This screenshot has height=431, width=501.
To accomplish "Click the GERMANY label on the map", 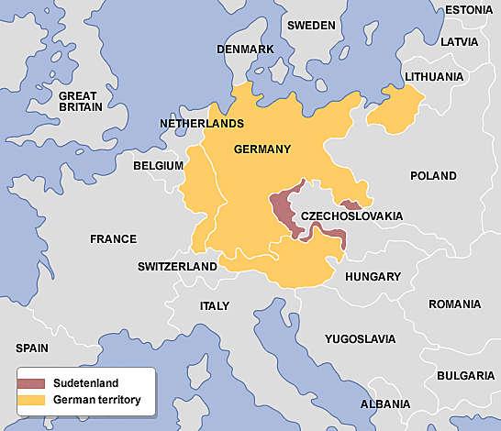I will click(262, 149).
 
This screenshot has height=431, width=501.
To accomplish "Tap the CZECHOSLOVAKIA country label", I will click(351, 215).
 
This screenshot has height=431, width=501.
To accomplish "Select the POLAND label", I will click(432, 175).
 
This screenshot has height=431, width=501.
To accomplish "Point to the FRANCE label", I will click(113, 239).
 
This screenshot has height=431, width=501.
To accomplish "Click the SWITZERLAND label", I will click(177, 267).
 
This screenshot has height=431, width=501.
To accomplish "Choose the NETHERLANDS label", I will click(201, 123).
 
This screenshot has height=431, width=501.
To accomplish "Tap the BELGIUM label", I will click(159, 166).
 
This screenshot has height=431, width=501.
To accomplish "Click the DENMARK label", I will click(245, 49).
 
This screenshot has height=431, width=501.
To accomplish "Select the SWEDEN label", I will click(311, 26).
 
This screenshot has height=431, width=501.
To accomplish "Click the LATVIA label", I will click(459, 42).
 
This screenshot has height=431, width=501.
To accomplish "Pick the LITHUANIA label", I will click(433, 77).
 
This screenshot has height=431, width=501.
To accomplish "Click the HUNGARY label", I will click(373, 276).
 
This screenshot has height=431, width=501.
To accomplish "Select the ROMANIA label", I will click(453, 304).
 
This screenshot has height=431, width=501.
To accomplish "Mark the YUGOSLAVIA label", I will click(360, 338).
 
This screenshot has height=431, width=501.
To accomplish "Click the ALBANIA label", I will click(385, 403).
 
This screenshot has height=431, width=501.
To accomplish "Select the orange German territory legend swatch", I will click(34, 401).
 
